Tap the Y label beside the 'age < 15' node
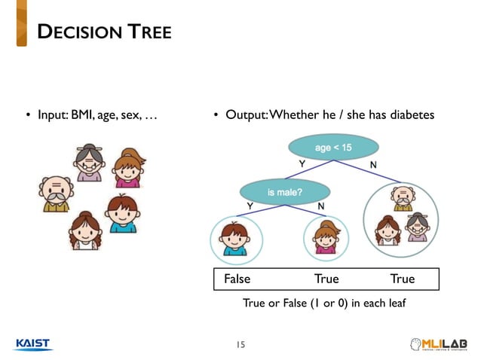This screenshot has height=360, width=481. point(302,163)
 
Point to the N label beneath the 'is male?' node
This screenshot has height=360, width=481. point(321,206)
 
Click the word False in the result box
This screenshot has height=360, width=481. point(237,279)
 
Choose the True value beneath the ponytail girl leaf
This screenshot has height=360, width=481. point(326,279)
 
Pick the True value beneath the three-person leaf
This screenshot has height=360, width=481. point(403,279)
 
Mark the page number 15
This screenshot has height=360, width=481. point(240,345)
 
